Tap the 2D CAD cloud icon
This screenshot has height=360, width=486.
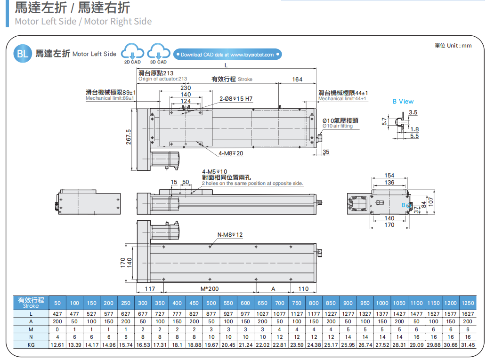click(132, 52)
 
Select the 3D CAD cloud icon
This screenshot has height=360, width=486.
click(158, 52)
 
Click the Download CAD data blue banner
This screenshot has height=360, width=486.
click(227, 55)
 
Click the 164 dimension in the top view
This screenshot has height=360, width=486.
click(297, 80)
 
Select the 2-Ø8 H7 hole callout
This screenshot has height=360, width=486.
click(236, 99)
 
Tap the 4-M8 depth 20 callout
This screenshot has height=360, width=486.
click(231, 153)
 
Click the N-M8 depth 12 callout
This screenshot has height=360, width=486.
click(230, 234)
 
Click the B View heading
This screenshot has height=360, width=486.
click(403, 101)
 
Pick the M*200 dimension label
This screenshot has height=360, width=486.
click(209, 288)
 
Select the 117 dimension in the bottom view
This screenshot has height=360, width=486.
click(150, 288)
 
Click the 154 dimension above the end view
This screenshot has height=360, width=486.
click(389, 176)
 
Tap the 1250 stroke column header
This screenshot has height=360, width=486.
click(468, 303)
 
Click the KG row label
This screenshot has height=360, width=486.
click(31, 345)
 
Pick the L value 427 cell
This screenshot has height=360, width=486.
click(57, 313)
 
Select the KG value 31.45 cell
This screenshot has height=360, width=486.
click(468, 345)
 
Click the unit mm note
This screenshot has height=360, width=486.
click(453, 46)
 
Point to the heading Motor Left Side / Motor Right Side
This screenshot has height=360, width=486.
click(83, 21)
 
